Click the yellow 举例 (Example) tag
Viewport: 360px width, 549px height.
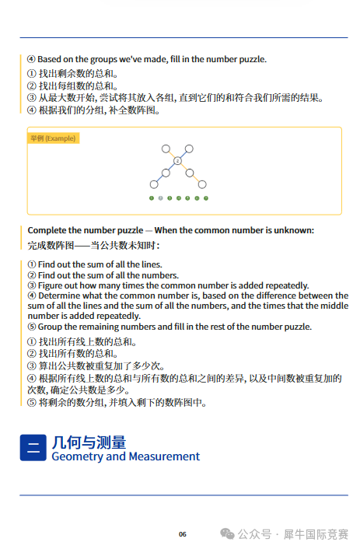[x=54, y=138]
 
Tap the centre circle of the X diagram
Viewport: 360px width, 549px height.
[x=177, y=160]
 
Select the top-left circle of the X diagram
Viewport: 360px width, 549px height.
[x=166, y=148]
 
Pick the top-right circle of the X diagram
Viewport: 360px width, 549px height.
[x=190, y=148]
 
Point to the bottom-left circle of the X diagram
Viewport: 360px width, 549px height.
[x=154, y=184]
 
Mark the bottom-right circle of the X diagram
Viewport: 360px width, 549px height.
[x=202, y=184]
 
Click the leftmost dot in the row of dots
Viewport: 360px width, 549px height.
[x=152, y=198]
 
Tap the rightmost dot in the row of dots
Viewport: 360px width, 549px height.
[x=206, y=198]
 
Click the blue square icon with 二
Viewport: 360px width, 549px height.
[x=33, y=448]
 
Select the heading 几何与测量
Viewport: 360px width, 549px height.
[x=89, y=442]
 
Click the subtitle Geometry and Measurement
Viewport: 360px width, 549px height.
[x=125, y=456]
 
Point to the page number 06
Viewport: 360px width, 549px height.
[x=183, y=534]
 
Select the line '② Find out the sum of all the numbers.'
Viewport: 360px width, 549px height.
[x=103, y=275]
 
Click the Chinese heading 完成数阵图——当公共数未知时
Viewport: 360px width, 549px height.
[x=94, y=246]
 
